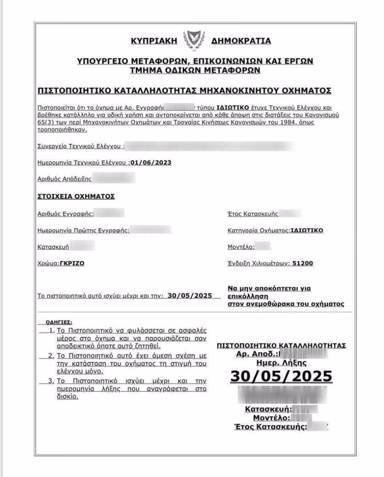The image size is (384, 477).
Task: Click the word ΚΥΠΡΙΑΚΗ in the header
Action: (x=156, y=41)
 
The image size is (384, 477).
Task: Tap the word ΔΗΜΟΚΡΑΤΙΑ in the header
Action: (x=240, y=41)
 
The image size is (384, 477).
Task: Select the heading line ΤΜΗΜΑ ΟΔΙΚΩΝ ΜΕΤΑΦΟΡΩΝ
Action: (x=194, y=70)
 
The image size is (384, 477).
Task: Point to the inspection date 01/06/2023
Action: (x=151, y=163)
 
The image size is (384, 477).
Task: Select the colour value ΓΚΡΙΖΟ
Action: (x=72, y=263)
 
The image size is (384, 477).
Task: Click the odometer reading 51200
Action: (x=302, y=263)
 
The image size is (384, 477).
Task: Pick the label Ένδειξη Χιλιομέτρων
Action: (x=258, y=263)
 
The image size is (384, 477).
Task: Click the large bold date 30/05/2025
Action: (x=281, y=376)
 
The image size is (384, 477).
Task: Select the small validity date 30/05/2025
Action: (x=190, y=295)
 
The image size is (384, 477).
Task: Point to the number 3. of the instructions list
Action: (x=52, y=381)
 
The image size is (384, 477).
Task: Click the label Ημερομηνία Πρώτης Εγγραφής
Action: (x=83, y=230)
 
